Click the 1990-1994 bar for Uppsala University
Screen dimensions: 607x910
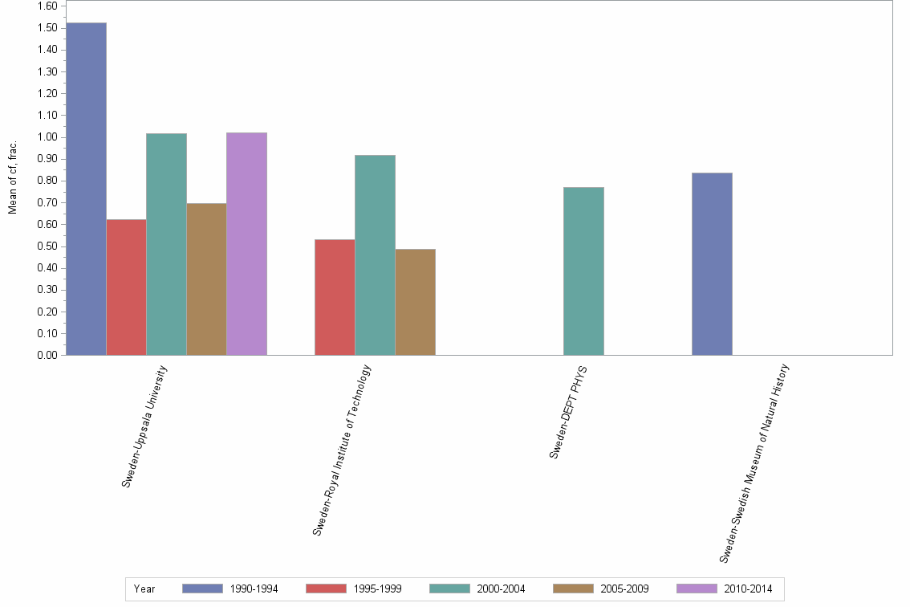pos(86,189)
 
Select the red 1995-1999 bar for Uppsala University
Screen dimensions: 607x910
pos(126,287)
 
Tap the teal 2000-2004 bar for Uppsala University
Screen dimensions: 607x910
pos(166,244)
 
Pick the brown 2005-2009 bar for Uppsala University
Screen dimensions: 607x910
pos(206,279)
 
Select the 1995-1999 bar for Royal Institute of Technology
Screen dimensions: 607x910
pos(335,297)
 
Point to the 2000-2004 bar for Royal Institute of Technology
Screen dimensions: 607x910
pos(375,255)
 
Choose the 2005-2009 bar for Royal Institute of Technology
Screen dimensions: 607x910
pos(415,302)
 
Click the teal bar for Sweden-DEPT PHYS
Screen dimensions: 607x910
pos(583,271)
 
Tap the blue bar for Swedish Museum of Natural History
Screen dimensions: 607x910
pos(712,263)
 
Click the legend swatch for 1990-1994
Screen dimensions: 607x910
pos(202,589)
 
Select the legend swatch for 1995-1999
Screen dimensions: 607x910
pos(326,589)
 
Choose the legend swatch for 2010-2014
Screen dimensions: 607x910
pos(697,589)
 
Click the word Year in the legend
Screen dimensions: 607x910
pos(144,589)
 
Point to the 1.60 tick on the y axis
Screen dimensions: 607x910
pos(47,6)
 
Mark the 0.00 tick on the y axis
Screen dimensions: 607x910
pos(47,355)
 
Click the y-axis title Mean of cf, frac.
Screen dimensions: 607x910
pos(13,178)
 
